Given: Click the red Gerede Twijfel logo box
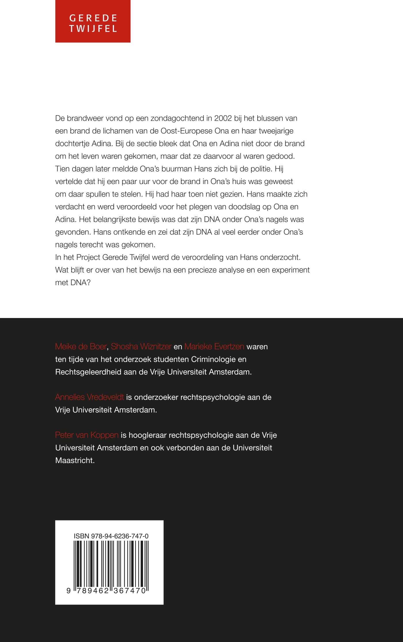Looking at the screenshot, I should click(93, 21).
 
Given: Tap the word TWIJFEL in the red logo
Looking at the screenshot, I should click(93, 29).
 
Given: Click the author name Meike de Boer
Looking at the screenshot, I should click(81, 346).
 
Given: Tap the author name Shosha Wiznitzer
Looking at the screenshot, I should click(141, 346).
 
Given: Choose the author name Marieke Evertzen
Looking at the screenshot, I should click(214, 346).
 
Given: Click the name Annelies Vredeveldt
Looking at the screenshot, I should click(90, 397).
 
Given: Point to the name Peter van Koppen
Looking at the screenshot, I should click(87, 435).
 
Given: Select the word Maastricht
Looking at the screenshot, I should click(75, 460).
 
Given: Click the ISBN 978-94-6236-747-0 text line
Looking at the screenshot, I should click(111, 536).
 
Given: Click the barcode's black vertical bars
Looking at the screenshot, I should click(111, 565).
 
